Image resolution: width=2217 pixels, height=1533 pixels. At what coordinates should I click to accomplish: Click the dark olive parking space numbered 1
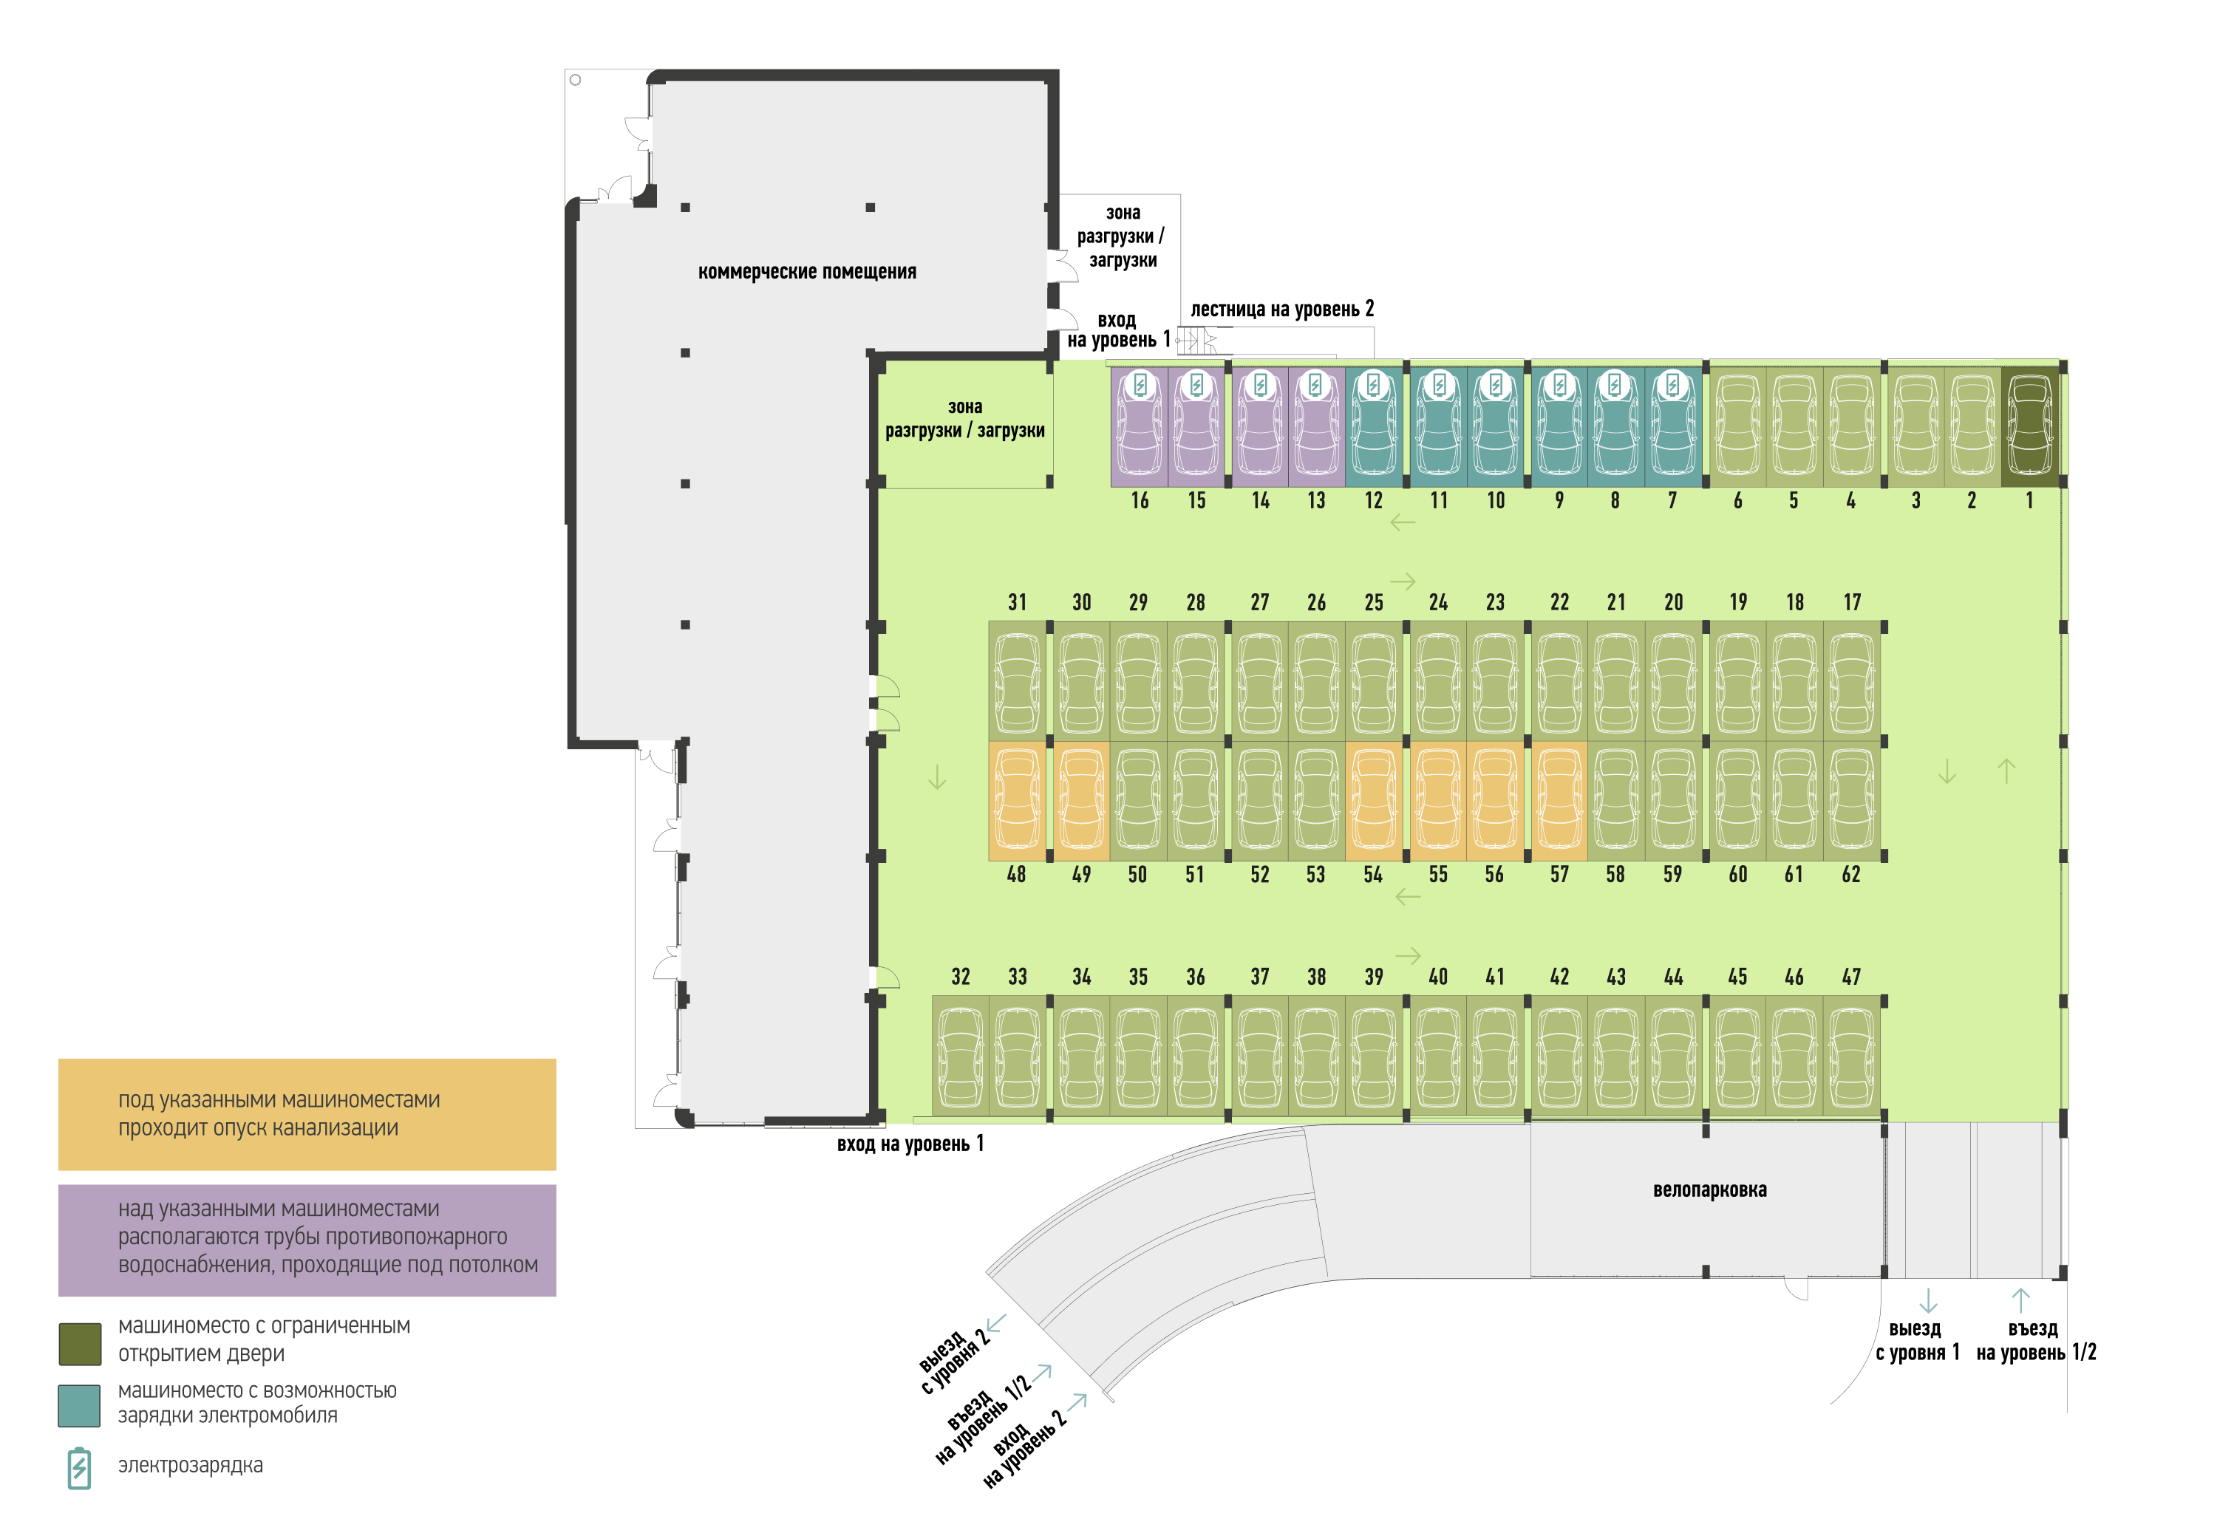(2030, 426)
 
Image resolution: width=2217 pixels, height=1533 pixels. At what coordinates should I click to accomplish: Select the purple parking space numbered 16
(1140, 426)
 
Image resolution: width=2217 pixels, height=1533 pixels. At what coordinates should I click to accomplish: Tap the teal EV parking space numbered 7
(1672, 426)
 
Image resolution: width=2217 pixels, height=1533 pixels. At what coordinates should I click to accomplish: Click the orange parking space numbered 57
(1559, 800)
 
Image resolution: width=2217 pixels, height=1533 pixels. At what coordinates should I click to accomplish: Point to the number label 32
(961, 977)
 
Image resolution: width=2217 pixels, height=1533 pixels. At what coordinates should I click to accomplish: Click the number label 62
(1851, 875)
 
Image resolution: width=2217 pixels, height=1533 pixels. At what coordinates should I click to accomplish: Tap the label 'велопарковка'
(1710, 1189)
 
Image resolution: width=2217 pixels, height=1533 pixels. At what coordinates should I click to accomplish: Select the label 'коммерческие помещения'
(807, 272)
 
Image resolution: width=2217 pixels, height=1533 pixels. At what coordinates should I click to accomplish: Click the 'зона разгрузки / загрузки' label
(964, 419)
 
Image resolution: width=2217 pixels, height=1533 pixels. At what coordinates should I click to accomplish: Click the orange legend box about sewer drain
(307, 1114)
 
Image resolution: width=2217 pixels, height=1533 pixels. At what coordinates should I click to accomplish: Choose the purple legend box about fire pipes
(307, 1240)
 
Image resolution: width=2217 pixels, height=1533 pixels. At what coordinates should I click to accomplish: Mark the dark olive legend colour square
(80, 1344)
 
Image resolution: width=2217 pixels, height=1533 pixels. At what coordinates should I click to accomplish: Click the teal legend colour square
(79, 1405)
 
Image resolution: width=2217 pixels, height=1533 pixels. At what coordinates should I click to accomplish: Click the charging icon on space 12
(1374, 385)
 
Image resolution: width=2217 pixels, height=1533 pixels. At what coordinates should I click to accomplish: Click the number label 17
(1852, 602)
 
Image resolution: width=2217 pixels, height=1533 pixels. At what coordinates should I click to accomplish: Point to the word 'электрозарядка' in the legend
(190, 1466)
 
